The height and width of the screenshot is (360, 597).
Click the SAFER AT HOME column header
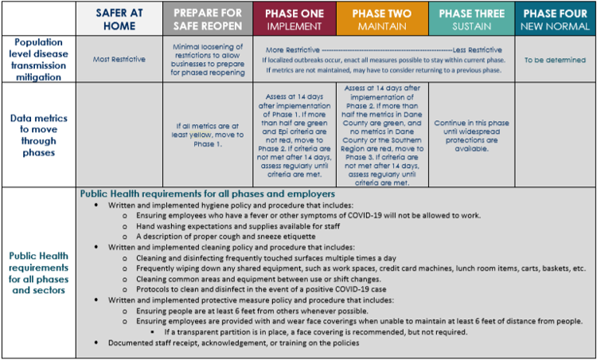click(119, 19)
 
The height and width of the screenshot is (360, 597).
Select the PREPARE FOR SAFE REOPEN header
click(208, 19)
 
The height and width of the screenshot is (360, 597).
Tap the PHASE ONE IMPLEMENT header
click(295, 19)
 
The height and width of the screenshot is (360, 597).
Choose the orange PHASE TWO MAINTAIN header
click(382, 19)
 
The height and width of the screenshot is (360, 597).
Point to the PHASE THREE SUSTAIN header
click(472, 19)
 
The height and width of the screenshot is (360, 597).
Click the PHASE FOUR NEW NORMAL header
click(555, 19)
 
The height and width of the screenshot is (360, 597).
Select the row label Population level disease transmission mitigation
click(38, 60)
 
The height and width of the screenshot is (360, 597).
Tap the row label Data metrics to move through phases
click(38, 135)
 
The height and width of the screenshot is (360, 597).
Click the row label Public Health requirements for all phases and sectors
click(38, 272)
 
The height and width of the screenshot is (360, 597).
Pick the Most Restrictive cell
click(119, 60)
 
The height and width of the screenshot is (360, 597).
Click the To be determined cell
click(555, 60)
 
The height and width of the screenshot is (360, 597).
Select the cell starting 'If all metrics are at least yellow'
click(208, 135)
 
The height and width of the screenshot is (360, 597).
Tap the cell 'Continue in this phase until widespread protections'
click(472, 135)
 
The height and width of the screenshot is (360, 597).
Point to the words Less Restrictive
click(477, 50)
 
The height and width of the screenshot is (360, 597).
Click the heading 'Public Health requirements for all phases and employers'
click(208, 194)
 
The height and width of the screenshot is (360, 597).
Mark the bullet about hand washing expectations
click(238, 226)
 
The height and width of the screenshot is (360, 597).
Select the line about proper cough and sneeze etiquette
click(226, 237)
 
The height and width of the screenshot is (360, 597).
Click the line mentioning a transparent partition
click(316, 332)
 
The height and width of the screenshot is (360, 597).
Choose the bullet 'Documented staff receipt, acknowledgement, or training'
click(233, 342)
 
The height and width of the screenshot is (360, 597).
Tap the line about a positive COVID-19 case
click(261, 289)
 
